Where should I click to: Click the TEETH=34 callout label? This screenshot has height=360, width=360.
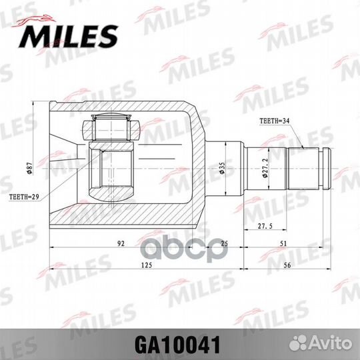(x=274, y=121)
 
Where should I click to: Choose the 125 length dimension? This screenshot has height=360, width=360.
(x=147, y=266)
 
